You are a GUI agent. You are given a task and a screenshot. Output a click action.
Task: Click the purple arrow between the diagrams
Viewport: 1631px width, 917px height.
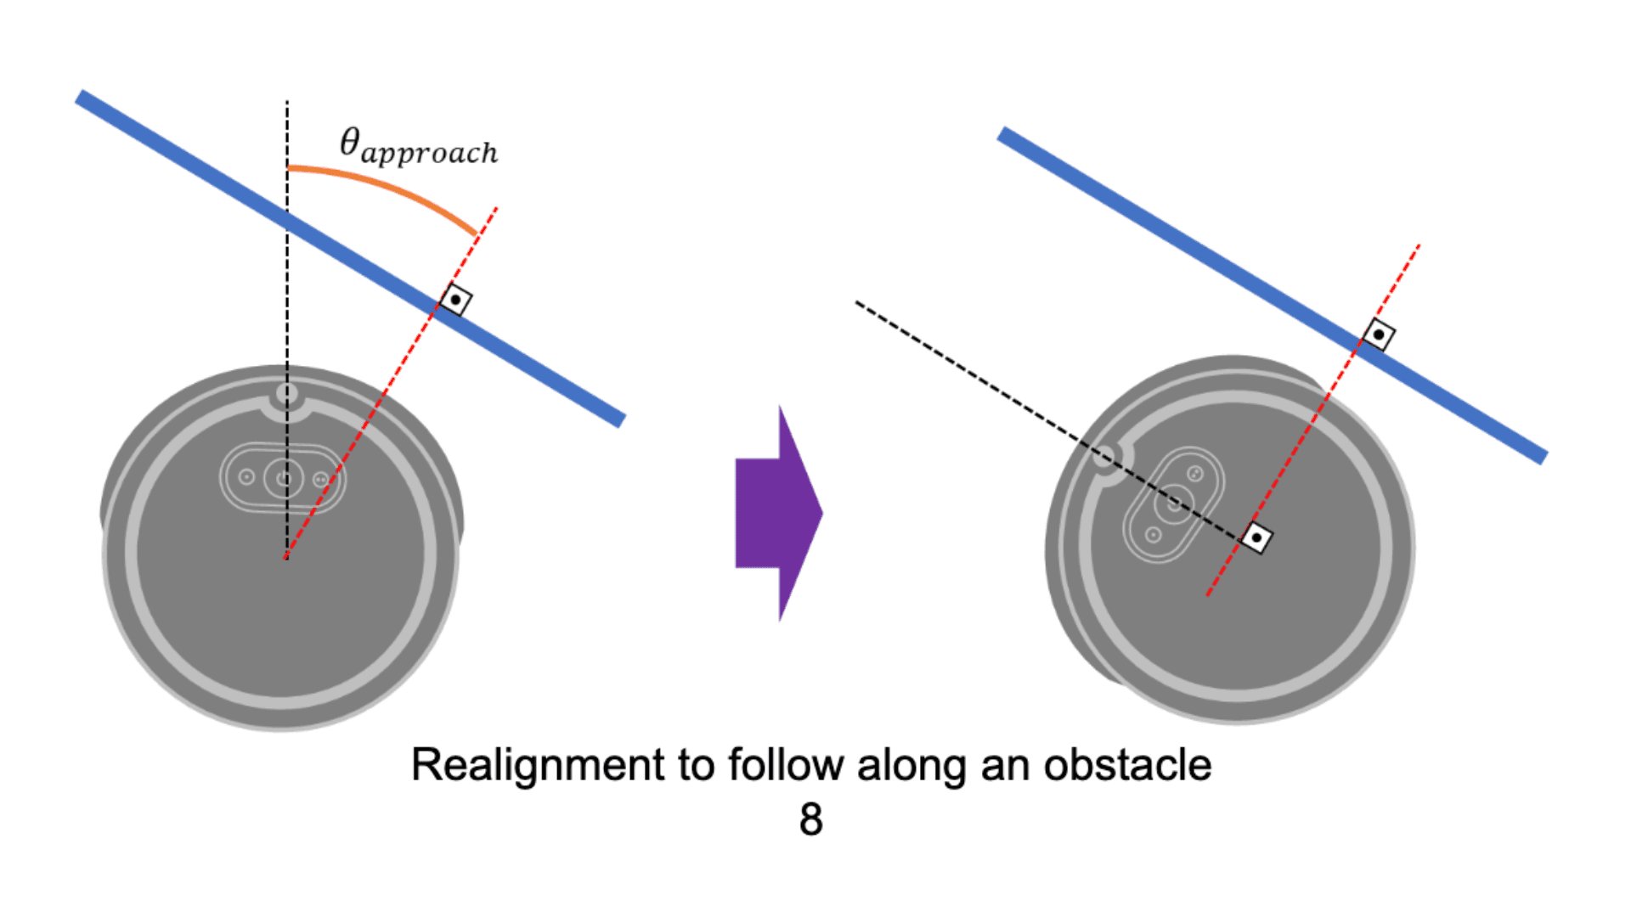click(x=777, y=513)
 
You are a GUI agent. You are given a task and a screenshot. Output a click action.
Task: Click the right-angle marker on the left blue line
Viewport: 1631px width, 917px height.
click(x=456, y=300)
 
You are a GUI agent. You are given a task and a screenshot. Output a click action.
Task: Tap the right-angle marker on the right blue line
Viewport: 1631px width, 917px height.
click(x=1378, y=335)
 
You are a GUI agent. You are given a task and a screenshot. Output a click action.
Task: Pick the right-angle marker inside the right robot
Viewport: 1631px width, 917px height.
click(x=1256, y=537)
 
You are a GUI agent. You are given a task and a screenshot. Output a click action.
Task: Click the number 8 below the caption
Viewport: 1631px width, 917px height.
click(x=811, y=820)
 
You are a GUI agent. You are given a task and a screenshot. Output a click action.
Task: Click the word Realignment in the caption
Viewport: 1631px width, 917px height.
click(x=537, y=765)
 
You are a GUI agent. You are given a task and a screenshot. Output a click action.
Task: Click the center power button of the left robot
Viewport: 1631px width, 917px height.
click(x=283, y=478)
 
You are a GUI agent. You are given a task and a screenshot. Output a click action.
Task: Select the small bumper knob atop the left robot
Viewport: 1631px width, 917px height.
click(x=287, y=393)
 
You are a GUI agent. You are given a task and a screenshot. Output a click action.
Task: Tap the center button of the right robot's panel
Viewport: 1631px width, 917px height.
click(x=1174, y=504)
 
